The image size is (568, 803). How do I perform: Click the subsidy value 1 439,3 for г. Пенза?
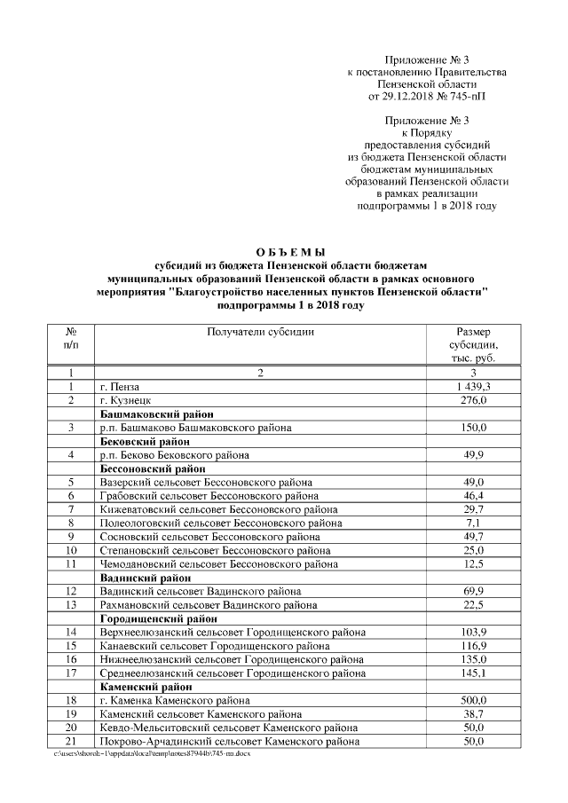pos(473,387)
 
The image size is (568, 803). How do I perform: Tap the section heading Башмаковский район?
pos(156,413)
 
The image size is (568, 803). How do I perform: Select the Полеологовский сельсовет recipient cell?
pos(221,523)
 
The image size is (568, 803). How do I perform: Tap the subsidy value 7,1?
pos(473,523)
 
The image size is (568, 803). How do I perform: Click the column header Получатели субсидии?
pos(260,331)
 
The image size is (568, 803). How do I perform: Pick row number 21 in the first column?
pos(69,740)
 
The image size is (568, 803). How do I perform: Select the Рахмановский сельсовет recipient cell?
pos(208,604)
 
